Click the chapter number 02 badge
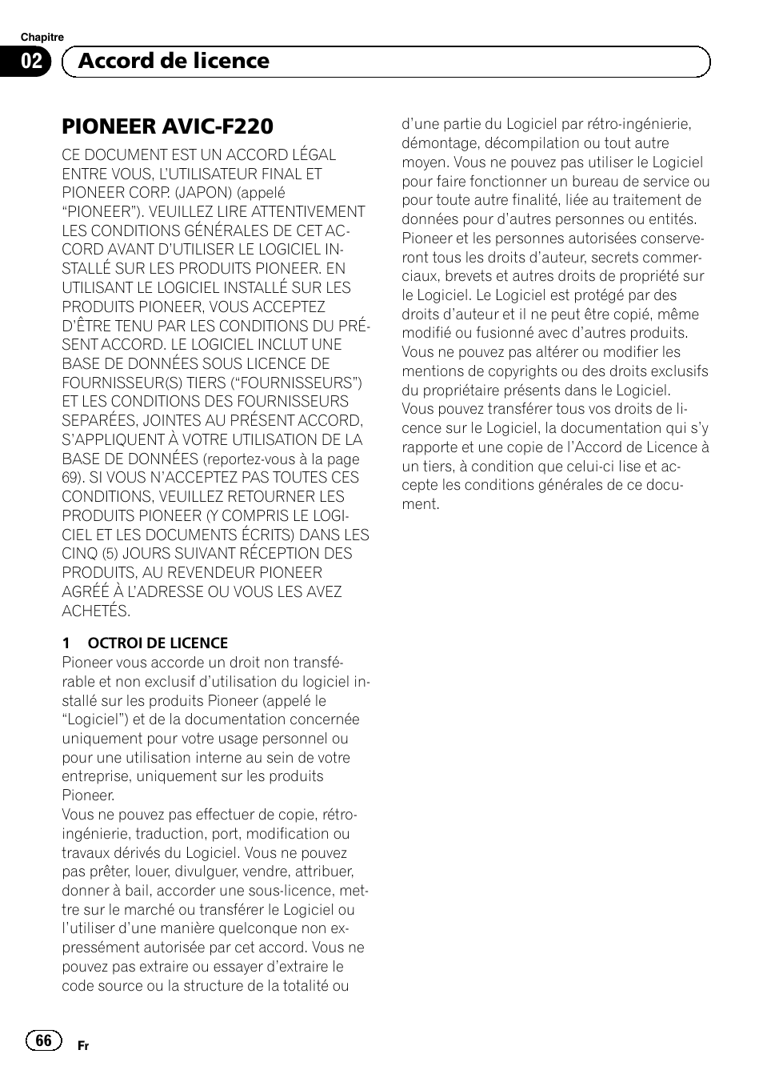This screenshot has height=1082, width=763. [31, 62]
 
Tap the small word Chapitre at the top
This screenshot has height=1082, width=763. [42, 38]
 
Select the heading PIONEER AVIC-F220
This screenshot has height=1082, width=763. [167, 126]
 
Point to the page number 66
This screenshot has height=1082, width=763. [44, 1040]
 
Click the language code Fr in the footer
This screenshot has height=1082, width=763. [83, 1046]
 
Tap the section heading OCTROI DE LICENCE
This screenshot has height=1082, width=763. [158, 643]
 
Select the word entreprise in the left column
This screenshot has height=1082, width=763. [95, 776]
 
